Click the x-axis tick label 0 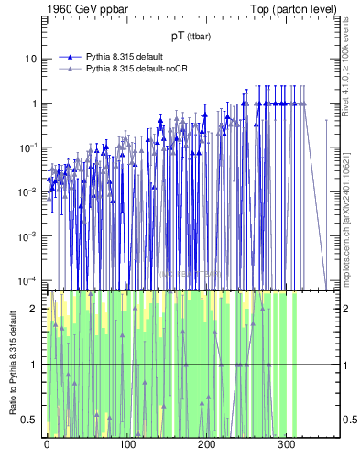click(47, 444)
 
